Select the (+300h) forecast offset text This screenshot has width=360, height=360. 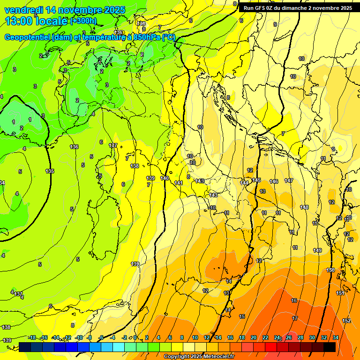[x=83, y=21]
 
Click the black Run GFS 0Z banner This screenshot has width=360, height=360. [x=298, y=8]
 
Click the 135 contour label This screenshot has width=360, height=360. [x=50, y=171]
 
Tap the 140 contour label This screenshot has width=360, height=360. [x=165, y=178]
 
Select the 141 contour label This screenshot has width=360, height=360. [x=179, y=183]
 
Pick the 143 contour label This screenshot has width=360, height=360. [x=213, y=195]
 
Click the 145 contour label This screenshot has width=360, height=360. [x=256, y=180]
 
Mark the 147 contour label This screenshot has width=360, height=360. [x=289, y=180]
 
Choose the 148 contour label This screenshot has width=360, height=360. [x=304, y=207]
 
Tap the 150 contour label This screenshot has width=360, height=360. [x=330, y=270]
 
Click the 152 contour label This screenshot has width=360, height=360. [x=346, y=321]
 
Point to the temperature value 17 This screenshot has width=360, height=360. [x=295, y=318]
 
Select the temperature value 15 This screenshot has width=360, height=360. [x=242, y=316]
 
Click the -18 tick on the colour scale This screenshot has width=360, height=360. [x=32, y=337]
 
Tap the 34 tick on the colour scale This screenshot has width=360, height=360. [x=336, y=337]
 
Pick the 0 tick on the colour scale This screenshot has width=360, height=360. [x=135, y=337]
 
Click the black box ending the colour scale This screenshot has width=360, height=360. [x=329, y=347]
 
